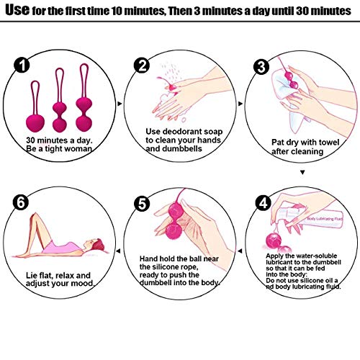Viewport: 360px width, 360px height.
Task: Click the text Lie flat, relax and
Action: pyautogui.click(x=58, y=274)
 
